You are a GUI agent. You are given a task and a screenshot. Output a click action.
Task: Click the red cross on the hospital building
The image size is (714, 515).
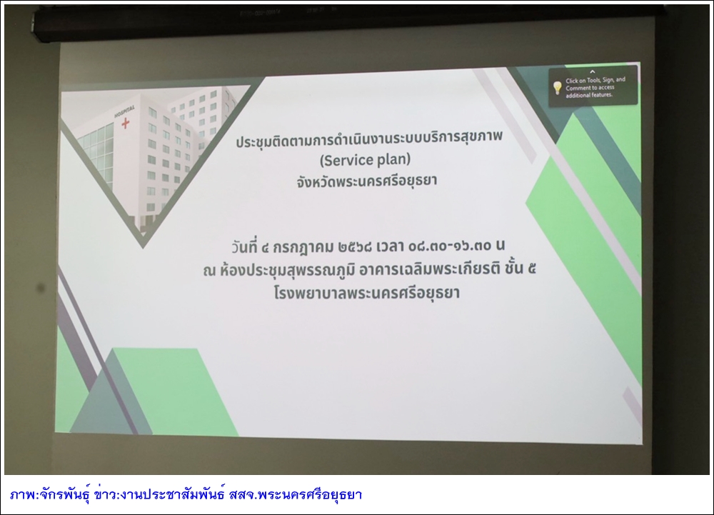click(x=125, y=123)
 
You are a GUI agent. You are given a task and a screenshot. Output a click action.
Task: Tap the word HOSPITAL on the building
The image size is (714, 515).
click(x=124, y=111)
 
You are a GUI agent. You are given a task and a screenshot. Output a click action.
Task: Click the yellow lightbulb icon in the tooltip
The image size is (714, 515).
click(x=557, y=87)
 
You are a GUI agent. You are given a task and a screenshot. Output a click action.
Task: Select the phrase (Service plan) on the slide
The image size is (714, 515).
click(x=365, y=160)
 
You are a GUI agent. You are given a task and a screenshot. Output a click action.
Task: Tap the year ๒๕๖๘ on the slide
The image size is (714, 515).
click(x=355, y=247)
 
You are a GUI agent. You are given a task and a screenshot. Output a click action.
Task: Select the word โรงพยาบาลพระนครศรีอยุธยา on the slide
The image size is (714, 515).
click(x=366, y=292)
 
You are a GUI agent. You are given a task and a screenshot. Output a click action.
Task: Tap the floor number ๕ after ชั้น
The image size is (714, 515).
click(x=531, y=269)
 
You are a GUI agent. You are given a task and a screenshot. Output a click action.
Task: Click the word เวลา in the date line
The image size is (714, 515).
click(x=390, y=247)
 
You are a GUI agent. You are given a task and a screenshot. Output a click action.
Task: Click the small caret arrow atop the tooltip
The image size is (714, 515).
click(x=592, y=71)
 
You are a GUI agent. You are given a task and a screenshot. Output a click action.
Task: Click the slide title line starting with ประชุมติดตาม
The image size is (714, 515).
click(x=369, y=139)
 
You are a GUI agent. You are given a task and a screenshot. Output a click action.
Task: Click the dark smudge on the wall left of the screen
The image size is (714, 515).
click(x=40, y=287)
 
